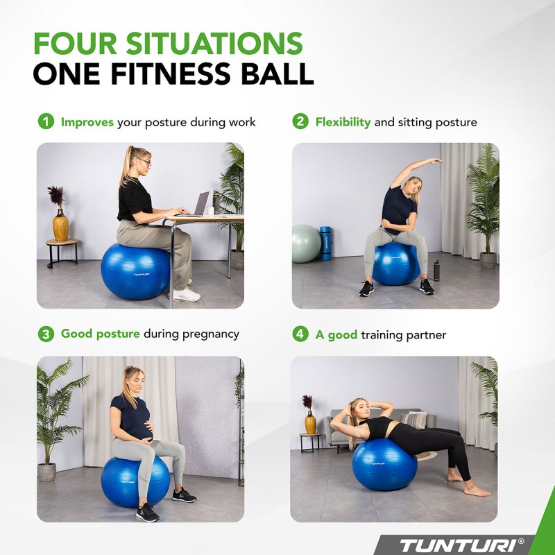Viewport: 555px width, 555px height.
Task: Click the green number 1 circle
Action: click(x=45, y=122)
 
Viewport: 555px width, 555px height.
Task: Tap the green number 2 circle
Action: click(x=300, y=122)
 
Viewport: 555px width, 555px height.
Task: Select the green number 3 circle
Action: click(x=45, y=334)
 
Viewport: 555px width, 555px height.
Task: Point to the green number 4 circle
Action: click(x=300, y=334)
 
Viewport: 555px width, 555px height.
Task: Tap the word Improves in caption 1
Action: click(x=87, y=122)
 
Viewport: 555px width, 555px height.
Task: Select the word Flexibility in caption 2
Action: click(x=343, y=122)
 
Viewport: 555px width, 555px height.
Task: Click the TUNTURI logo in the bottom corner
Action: click(x=472, y=544)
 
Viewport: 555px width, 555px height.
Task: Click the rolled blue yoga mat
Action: click(x=325, y=242)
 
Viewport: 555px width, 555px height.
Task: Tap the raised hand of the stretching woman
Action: click(x=436, y=161)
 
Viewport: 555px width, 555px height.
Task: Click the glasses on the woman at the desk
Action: click(x=144, y=162)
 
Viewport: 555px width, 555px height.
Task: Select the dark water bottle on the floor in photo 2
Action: click(x=436, y=270)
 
